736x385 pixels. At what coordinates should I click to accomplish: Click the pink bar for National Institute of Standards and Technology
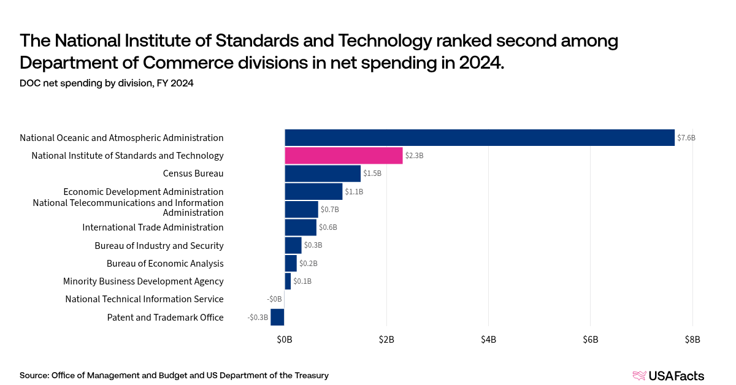tap(343, 155)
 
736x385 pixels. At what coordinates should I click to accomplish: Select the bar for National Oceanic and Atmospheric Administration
tap(480, 138)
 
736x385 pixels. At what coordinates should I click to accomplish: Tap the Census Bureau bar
tap(323, 173)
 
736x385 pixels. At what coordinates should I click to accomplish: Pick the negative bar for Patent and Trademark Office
tap(277, 317)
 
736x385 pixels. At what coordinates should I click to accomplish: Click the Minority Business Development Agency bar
tap(288, 281)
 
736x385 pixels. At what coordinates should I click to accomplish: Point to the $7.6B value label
tap(686, 138)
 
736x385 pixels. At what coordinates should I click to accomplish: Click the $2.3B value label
tap(415, 156)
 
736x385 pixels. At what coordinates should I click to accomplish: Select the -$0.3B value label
tap(258, 318)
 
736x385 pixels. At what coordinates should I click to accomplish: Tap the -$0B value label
tap(274, 299)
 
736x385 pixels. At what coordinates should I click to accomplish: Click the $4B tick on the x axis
tap(489, 340)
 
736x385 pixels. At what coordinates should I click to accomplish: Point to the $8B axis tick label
tap(692, 340)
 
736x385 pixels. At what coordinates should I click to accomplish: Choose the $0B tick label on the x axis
tap(285, 340)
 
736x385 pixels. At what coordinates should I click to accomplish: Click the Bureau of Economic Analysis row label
tap(165, 264)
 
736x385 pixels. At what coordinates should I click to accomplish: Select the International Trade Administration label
tap(153, 227)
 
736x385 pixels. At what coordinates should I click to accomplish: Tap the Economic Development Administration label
tap(144, 191)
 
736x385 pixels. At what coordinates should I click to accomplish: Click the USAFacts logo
tap(669, 376)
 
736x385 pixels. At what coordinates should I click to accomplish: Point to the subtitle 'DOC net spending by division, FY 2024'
tap(107, 83)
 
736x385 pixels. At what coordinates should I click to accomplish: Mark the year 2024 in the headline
tap(481, 63)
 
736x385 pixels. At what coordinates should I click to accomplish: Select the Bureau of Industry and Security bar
tap(293, 245)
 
